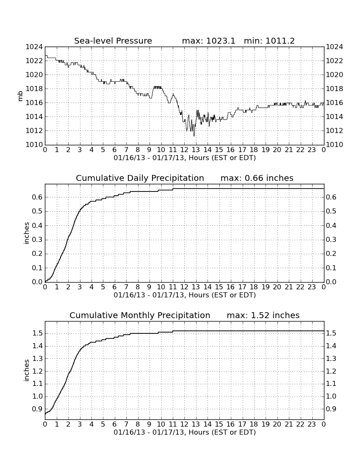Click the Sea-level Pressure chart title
click(113, 41)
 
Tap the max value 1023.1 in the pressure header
click(220, 41)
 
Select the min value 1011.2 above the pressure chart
click(280, 41)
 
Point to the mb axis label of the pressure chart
click(20, 96)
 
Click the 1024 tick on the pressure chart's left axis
click(34, 47)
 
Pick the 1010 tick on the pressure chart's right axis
click(335, 145)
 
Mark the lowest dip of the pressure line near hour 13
click(194, 136)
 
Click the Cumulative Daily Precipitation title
click(140, 178)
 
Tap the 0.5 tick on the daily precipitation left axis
click(37, 211)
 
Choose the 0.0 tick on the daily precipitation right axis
click(331, 282)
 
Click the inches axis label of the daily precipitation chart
click(26, 233)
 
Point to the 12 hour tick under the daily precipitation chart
click(184, 287)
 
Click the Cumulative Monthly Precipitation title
click(140, 315)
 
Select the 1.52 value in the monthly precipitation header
click(260, 315)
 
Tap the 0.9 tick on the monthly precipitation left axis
click(37, 409)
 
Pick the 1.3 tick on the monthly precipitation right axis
click(331, 358)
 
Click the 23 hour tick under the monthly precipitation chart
click(312, 424)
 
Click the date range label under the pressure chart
click(185, 158)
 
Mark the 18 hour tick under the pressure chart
click(254, 150)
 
